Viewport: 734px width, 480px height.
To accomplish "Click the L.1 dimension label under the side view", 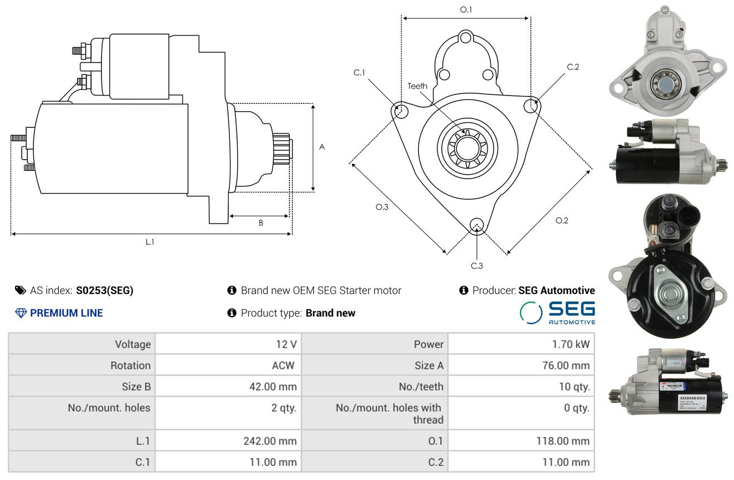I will (x=150, y=242).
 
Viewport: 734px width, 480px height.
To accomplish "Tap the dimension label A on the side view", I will (x=322, y=147).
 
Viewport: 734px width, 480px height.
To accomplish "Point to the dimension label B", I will (x=260, y=223).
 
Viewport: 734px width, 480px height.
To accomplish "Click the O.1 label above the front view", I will (x=466, y=9).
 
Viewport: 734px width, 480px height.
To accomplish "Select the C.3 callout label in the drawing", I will (x=477, y=266).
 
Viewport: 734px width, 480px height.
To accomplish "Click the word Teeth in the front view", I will (x=417, y=86).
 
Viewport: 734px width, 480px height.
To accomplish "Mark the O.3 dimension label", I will (x=382, y=207).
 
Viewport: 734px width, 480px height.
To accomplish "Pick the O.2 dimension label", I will (x=562, y=220).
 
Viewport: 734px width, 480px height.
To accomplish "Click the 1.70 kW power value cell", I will (x=571, y=344).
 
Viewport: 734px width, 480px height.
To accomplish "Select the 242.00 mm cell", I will (x=270, y=441).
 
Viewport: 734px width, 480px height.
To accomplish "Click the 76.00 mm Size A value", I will (x=564, y=366).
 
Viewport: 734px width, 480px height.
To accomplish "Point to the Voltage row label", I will (x=133, y=344).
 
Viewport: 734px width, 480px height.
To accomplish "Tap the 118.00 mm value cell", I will (x=562, y=441).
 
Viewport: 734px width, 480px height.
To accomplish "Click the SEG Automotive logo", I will (x=557, y=313).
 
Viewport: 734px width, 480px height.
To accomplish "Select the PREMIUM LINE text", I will (x=66, y=313).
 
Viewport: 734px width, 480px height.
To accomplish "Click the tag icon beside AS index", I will (x=20, y=290).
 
